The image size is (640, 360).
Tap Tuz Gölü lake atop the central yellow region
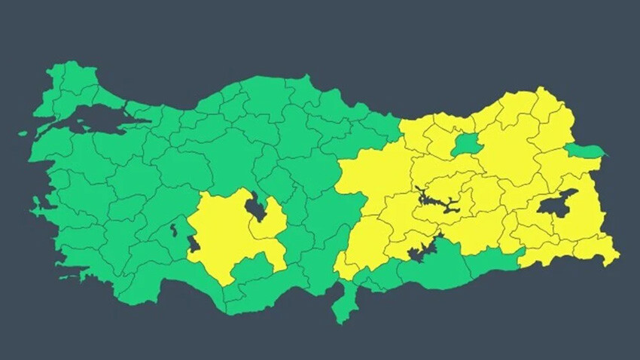point(256,208)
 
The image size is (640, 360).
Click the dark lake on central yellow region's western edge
point(193,244)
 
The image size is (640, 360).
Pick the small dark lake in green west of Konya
point(174,227)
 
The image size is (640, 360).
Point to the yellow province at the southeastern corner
point(595,249)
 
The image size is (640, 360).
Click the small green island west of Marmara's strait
point(23,135)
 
